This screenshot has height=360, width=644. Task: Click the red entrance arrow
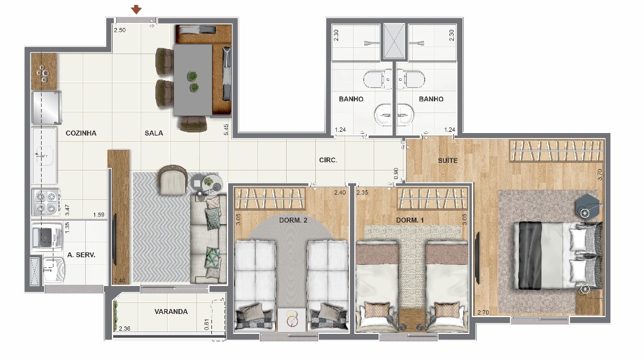click(x=136, y=9)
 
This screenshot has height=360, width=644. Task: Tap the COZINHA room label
click(x=81, y=133)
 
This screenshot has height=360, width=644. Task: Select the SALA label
click(x=154, y=133)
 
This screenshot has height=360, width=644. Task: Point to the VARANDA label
click(x=171, y=312)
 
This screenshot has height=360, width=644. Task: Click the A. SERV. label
click(x=81, y=255)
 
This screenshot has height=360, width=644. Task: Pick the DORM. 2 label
click(x=293, y=220)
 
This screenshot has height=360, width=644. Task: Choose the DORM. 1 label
click(x=410, y=220)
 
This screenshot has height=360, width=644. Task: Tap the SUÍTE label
click(x=448, y=160)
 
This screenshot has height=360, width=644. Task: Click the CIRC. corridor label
click(x=328, y=160)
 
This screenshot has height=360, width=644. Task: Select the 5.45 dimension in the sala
click(x=226, y=130)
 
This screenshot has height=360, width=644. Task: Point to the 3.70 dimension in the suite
click(x=599, y=175)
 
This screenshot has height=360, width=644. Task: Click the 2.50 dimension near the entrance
click(x=120, y=30)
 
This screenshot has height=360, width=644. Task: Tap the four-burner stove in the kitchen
click(x=46, y=202)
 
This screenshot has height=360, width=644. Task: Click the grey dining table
click(x=193, y=80)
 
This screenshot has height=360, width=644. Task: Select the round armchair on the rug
click(x=173, y=180)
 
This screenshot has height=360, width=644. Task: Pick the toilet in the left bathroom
click(x=377, y=79)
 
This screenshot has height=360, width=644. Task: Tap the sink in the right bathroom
click(x=406, y=113)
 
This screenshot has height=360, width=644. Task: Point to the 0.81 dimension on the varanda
click(x=206, y=325)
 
